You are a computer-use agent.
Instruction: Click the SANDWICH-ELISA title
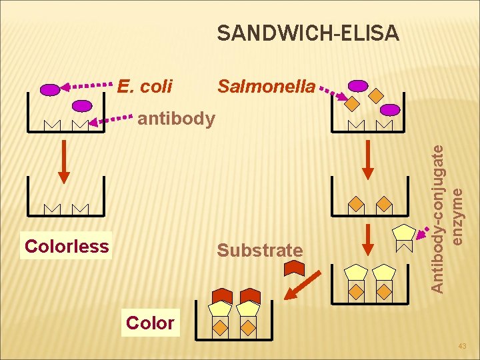308,33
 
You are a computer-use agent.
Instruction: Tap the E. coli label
145,87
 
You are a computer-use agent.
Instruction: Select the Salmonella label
266,87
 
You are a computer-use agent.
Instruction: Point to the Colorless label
66,246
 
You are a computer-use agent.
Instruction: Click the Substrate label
260,251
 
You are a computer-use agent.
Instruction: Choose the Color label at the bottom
150,323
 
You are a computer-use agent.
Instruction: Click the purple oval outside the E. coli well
50,89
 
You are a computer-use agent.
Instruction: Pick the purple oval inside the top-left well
82,105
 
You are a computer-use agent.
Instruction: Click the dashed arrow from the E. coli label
87,86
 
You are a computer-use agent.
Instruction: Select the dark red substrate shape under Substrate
294,267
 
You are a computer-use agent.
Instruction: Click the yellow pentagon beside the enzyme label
404,232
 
